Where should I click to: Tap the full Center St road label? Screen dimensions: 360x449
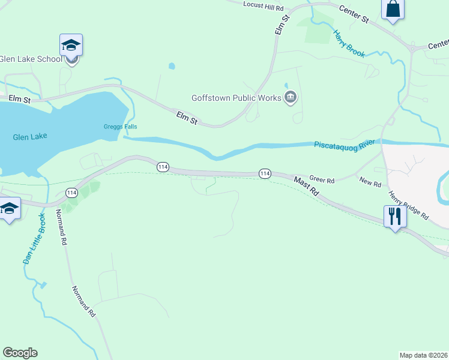(x=354, y=14)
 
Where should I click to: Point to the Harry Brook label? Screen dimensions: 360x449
(x=349, y=44)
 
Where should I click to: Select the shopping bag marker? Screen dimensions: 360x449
(x=393, y=10)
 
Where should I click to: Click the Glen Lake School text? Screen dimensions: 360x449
(x=31, y=59)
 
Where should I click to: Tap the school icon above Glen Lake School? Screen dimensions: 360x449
(x=71, y=46)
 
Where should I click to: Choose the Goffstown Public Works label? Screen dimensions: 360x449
(x=236, y=98)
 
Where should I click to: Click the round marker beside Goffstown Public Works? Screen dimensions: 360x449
(x=291, y=97)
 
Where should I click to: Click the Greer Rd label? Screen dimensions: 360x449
(x=322, y=179)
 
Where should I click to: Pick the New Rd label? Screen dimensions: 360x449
(x=370, y=181)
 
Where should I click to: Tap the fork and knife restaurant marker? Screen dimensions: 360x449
(x=394, y=216)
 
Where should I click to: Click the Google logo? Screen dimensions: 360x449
(x=20, y=353)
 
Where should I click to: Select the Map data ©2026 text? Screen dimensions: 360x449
(x=423, y=355)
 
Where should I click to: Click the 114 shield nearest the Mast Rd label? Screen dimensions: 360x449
(x=265, y=173)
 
